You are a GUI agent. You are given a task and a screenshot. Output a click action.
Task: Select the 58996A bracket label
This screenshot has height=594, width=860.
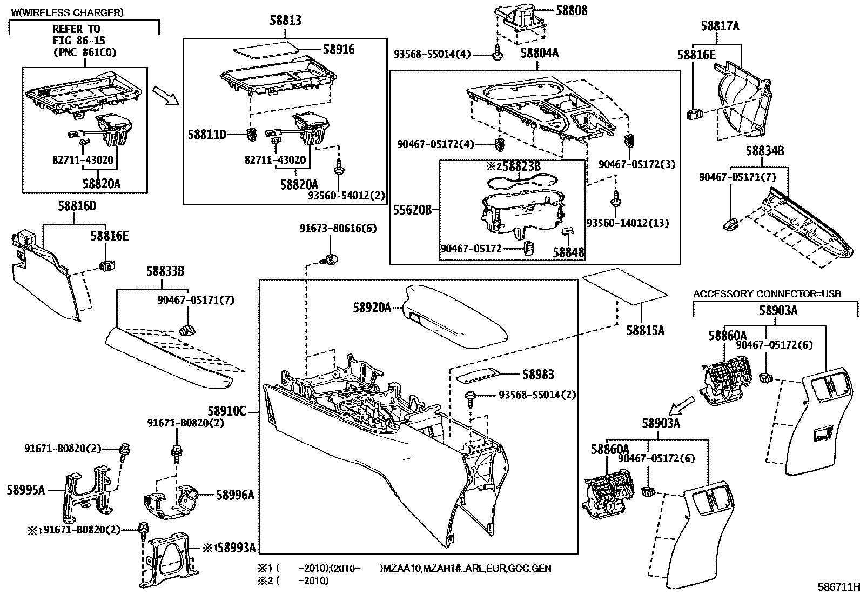(x=235, y=495)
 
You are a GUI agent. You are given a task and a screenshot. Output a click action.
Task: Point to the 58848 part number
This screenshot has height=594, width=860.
(x=568, y=252)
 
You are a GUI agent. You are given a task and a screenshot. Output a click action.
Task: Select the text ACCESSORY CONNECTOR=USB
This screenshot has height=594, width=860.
(x=767, y=294)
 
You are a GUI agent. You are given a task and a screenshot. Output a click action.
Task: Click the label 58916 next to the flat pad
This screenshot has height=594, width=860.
(x=339, y=49)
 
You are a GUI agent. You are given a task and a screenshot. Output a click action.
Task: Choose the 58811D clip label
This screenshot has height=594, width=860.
(x=207, y=134)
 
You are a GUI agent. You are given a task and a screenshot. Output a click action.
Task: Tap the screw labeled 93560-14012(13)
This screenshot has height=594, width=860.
(x=615, y=201)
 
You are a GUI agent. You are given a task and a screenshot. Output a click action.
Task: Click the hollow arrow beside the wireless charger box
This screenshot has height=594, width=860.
(x=165, y=95)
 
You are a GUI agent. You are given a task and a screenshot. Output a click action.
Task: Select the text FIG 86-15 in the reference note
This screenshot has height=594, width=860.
(x=79, y=41)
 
